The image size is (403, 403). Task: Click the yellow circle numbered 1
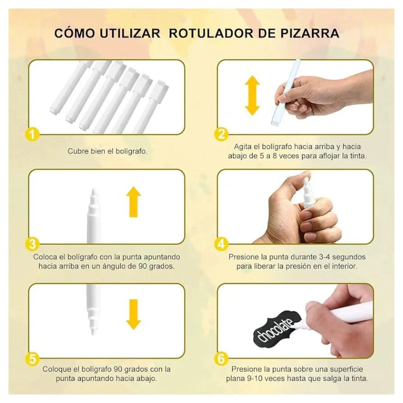coord(32,134)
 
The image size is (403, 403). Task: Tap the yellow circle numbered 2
coord(221,134)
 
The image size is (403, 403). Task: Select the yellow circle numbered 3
coord(32,244)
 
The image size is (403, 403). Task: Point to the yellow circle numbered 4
coord(221,244)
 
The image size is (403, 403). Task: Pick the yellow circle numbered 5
coord(32,358)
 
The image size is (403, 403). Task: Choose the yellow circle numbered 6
coord(221,358)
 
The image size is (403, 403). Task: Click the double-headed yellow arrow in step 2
coord(252,96)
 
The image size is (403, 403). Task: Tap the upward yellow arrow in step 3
coord(133,202)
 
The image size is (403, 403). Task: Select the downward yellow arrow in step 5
coord(133,314)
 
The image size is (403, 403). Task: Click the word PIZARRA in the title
coord(310,33)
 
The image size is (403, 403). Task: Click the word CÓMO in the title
coord(74,33)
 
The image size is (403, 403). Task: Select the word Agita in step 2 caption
coord(243,147)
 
